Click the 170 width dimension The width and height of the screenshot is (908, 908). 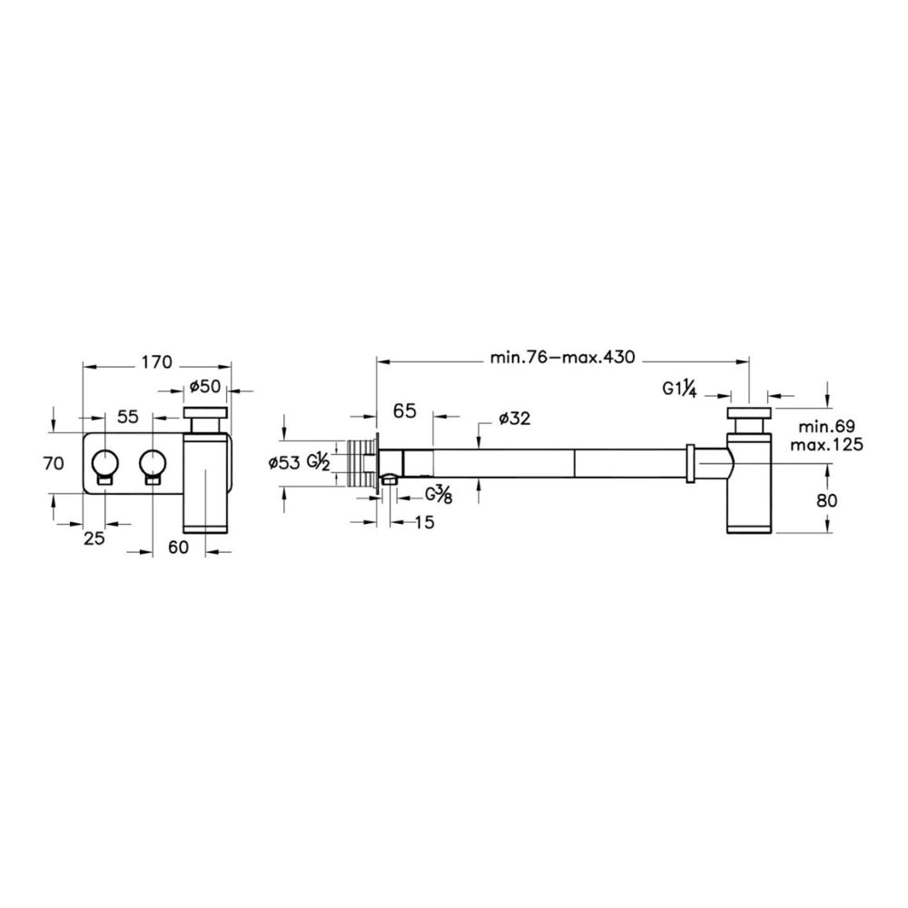[x=157, y=362]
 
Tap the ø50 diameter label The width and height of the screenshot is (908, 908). [x=205, y=386]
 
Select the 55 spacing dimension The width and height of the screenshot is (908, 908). [x=128, y=416]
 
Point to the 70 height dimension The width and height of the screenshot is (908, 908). [x=54, y=463]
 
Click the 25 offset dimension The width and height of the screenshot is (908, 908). [x=94, y=538]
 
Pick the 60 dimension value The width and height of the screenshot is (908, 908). [x=178, y=547]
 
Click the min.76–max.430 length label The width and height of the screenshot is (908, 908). [x=562, y=357]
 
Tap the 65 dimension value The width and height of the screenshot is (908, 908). [x=404, y=410]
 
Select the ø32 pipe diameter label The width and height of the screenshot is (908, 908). [x=514, y=418]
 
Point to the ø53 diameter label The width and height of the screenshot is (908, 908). [x=284, y=463]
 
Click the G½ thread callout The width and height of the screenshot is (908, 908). [x=318, y=462]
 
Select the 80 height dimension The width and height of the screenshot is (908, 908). [x=827, y=499]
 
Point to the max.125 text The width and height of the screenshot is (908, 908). [x=831, y=444]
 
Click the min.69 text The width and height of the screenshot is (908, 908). [x=826, y=428]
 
